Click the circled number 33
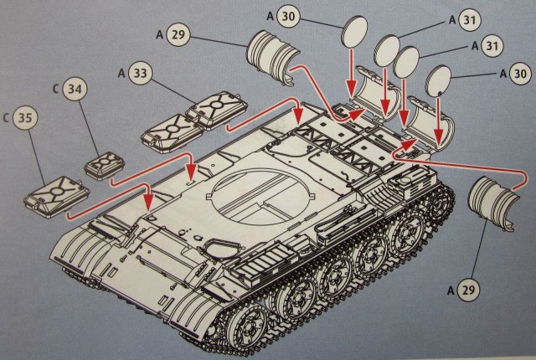142,75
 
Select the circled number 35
26,119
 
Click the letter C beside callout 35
7,118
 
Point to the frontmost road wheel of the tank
242,326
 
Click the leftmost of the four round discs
355,33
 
